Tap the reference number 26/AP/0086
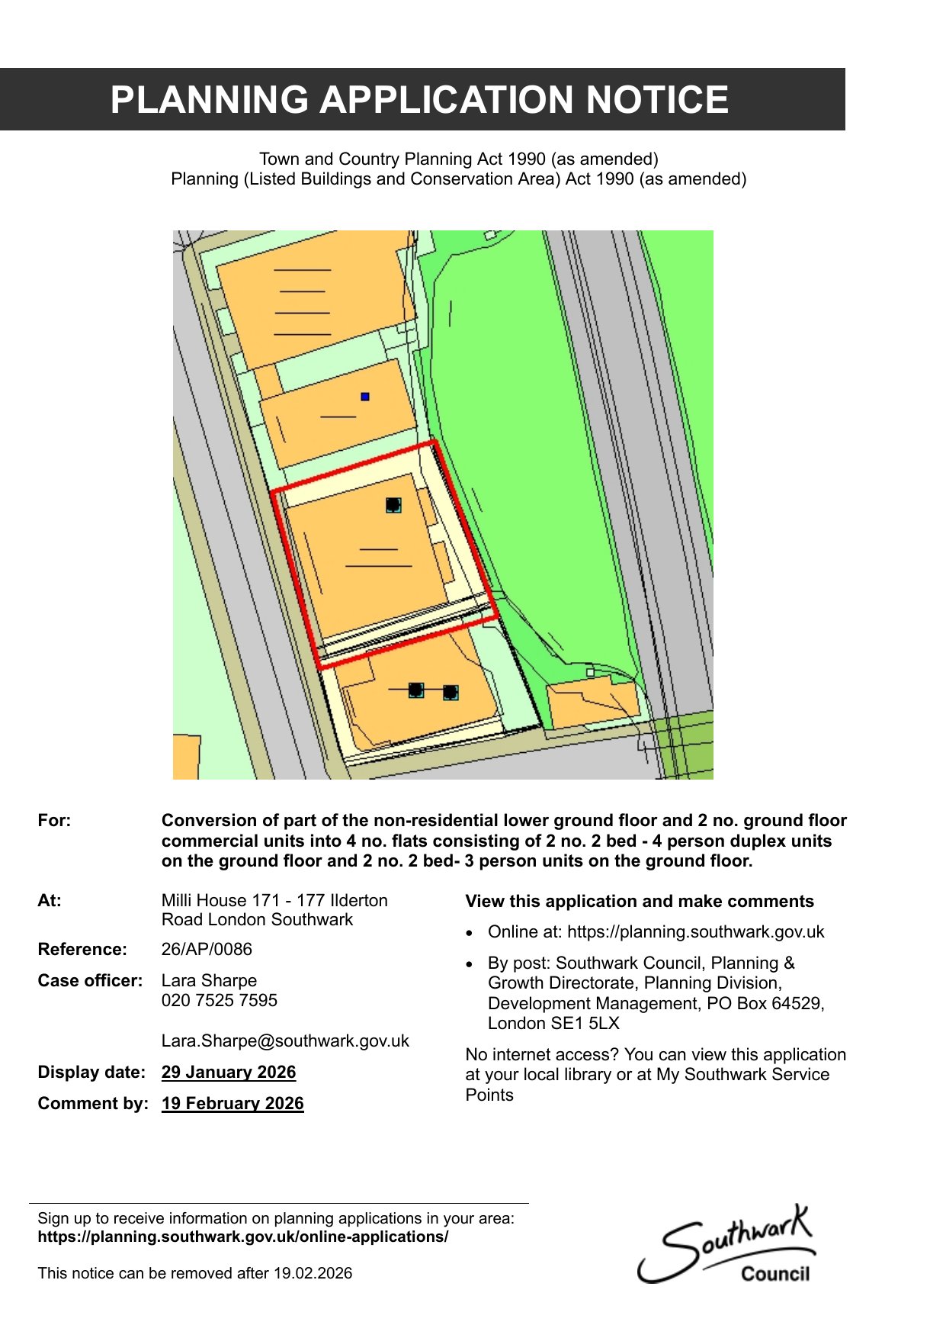click(x=207, y=949)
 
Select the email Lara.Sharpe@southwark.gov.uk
click(x=285, y=1040)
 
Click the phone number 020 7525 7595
click(x=220, y=1000)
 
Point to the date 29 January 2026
click(x=229, y=1072)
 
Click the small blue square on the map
click(x=365, y=397)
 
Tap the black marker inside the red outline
click(x=393, y=505)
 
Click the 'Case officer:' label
click(x=90, y=980)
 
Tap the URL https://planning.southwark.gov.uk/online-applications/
click(x=243, y=1237)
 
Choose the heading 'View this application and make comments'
click(x=640, y=901)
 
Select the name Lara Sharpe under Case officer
click(x=209, y=980)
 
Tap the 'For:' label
click(x=54, y=820)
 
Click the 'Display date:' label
click(x=91, y=1072)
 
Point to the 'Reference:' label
click(x=82, y=949)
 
